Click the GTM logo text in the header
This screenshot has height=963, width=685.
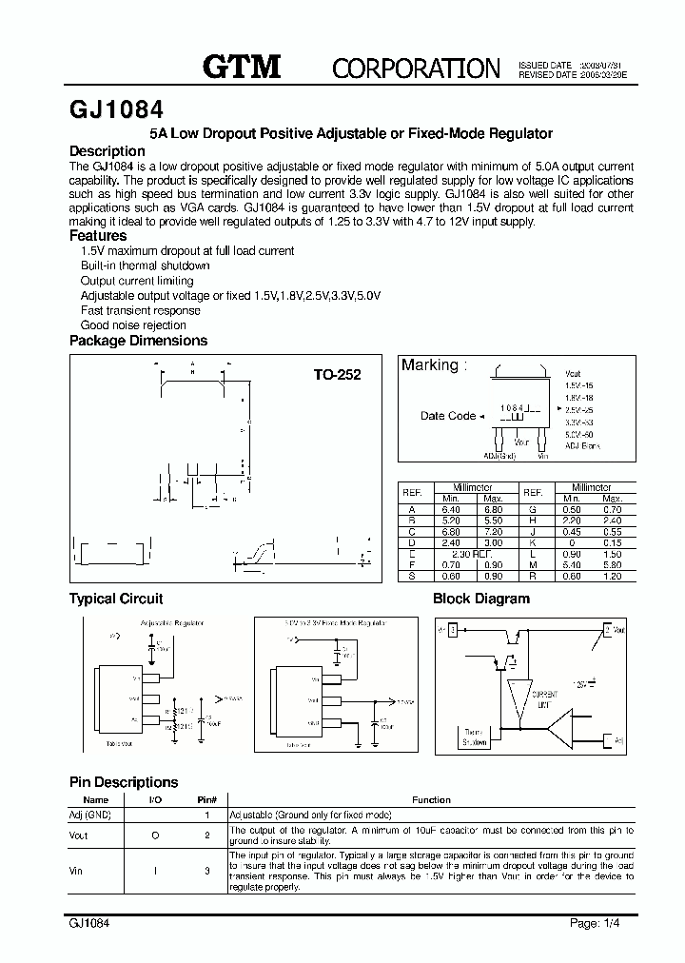[242, 67]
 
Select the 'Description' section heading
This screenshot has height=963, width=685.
[108, 151]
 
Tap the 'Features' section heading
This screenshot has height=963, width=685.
[98, 235]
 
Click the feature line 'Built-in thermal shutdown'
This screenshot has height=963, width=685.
[145, 265]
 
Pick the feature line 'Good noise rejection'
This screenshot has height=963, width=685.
[133, 325]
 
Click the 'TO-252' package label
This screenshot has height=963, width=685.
[337, 375]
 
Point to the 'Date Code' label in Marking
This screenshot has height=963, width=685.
[447, 416]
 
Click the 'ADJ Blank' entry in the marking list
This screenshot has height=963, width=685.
[583, 445]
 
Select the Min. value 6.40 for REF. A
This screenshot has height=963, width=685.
[450, 509]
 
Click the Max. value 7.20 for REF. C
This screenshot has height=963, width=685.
[493, 531]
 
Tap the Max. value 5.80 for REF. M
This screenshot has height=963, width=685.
[612, 565]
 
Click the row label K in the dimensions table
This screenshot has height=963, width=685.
[533, 542]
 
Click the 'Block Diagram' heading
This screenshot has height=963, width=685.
[480, 599]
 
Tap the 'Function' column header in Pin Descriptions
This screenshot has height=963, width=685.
[431, 800]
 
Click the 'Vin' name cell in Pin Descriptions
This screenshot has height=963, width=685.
[77, 870]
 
